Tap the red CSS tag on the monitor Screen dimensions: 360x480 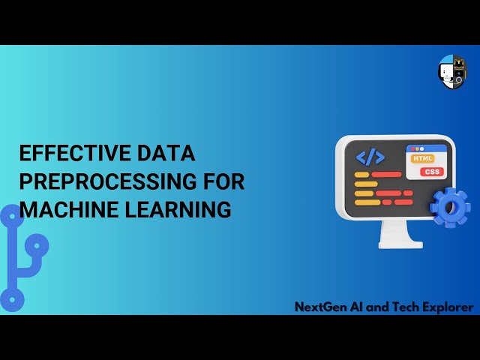[432, 172]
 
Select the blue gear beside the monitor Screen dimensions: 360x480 [450, 207]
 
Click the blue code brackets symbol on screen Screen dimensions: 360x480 [370, 157]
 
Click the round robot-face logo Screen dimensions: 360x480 [451, 71]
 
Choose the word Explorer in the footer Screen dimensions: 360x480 [446, 307]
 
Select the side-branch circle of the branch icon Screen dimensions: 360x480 [36, 244]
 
